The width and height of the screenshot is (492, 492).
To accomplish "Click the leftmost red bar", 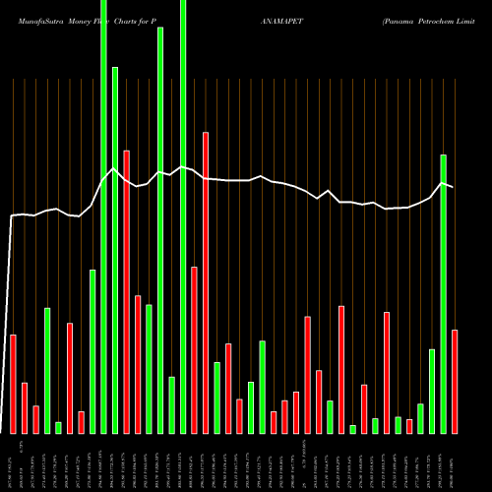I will click(x=13, y=384).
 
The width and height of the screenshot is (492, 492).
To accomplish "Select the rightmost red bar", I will click(x=455, y=381).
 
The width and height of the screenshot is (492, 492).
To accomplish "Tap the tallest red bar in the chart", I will click(x=206, y=282).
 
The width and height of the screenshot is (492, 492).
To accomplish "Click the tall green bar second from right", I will click(x=443, y=293).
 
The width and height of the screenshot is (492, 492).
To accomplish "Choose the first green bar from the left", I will click(x=47, y=370).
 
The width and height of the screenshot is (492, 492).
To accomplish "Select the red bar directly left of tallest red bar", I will click(x=195, y=349).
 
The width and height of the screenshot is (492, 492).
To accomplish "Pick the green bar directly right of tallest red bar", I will click(x=216, y=398).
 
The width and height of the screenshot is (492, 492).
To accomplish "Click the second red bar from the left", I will click(x=25, y=407).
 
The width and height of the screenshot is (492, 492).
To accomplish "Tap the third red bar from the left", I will click(x=35, y=419).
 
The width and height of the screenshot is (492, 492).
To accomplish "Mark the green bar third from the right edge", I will click(x=432, y=391).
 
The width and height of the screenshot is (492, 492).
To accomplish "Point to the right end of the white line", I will click(x=453, y=187).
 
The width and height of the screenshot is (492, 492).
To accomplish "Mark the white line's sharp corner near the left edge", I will click(x=12, y=216).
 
